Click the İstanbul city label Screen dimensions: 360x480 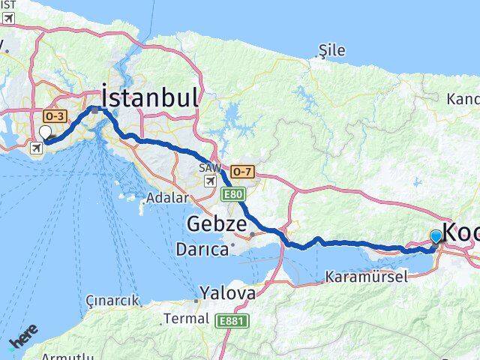(150, 97)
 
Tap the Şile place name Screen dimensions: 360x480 (331, 50)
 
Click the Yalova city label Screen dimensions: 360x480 (227, 292)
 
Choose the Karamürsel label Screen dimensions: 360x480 (366, 277)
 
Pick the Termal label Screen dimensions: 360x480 (186, 319)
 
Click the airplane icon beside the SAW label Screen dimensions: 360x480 (211, 181)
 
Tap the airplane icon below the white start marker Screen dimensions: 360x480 (35, 148)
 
